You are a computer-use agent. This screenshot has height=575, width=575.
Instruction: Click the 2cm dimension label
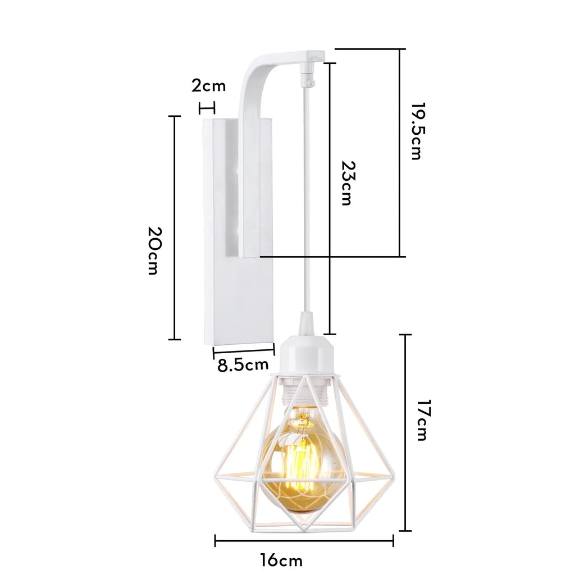[208, 86]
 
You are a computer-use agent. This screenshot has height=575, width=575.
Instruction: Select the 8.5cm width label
[243, 366]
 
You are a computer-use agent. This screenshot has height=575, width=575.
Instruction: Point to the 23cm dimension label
[348, 184]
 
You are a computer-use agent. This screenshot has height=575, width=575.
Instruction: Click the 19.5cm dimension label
[416, 131]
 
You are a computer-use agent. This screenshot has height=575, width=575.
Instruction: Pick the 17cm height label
[422, 421]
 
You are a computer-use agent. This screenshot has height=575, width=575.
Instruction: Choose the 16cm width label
[281, 560]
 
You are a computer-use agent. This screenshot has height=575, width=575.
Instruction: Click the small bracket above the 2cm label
[208, 107]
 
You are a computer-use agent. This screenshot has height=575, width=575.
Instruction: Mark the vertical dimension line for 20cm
[175, 227]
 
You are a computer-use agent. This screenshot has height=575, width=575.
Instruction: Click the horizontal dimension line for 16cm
[304, 541]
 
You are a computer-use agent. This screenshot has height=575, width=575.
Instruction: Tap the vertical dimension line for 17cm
[405, 432]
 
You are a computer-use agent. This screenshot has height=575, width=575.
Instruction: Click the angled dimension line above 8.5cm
[244, 352]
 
